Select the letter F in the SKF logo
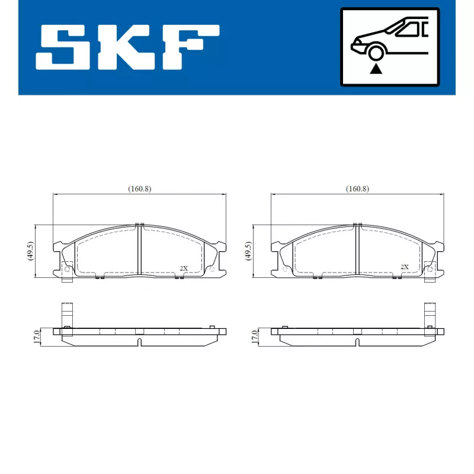point(188,47)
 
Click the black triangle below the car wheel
point(375,69)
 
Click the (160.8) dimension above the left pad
point(140,188)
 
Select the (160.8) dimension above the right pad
point(357,188)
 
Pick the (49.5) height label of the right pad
point(247,251)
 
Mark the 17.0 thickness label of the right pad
point(254,337)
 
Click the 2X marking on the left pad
point(184,268)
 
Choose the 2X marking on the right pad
point(405,267)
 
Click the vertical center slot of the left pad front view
point(140,250)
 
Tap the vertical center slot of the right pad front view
point(357,250)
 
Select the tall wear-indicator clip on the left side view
point(67,317)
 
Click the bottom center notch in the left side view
point(139,342)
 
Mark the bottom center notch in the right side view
point(357,342)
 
